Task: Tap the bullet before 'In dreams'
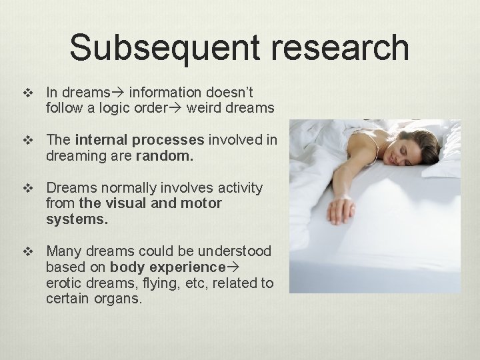(x=27, y=93)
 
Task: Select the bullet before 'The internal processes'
(x=27, y=140)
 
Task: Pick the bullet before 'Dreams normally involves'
(x=27, y=189)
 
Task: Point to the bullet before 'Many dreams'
(x=27, y=252)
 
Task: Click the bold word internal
(x=100, y=140)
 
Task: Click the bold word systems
(x=76, y=218)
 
